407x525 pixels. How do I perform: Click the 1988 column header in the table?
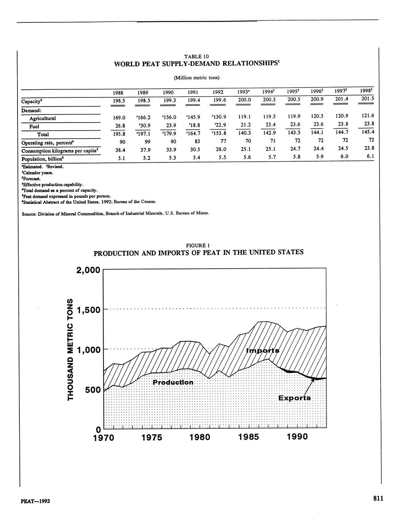click(120, 92)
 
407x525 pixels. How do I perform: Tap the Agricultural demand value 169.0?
click(120, 118)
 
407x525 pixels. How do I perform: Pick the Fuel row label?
click(34, 126)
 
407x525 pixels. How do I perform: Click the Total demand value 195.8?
click(120, 134)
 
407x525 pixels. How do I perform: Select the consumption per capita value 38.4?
click(120, 150)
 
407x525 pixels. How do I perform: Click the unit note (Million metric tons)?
click(196, 78)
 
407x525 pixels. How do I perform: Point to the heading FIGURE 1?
click(198, 245)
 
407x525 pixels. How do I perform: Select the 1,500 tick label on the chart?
click(88, 310)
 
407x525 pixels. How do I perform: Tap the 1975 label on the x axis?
click(152, 437)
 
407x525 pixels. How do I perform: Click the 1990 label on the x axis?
click(297, 437)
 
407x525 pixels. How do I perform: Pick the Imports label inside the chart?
click(263, 350)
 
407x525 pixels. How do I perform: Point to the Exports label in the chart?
click(294, 398)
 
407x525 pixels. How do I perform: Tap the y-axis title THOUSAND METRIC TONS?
click(70, 350)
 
